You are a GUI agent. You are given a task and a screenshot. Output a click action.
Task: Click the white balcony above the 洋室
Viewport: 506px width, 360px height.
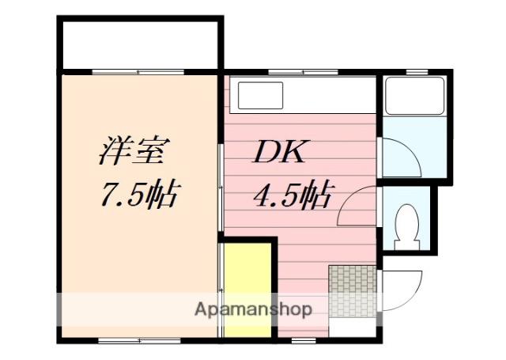pos(138,44)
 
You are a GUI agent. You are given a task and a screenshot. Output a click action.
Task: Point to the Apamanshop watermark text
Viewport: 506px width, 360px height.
pos(253,309)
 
